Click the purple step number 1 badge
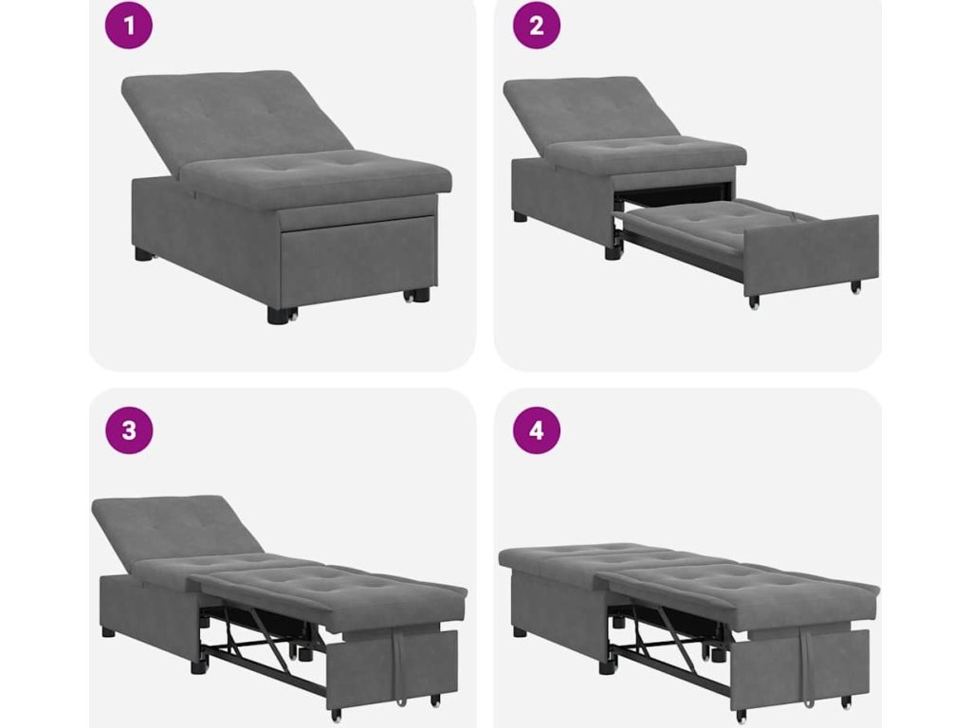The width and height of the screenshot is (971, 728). (x=129, y=26)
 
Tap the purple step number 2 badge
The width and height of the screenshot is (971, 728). (x=537, y=26)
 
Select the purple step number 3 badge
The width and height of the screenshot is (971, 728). (x=129, y=430)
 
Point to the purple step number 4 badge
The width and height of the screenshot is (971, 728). (x=537, y=430)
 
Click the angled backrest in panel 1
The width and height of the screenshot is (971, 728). (x=235, y=118)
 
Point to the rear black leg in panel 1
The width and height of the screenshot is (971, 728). (x=143, y=254)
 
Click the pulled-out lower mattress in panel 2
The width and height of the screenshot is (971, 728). (x=712, y=230)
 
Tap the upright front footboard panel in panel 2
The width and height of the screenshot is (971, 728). (x=812, y=254)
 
